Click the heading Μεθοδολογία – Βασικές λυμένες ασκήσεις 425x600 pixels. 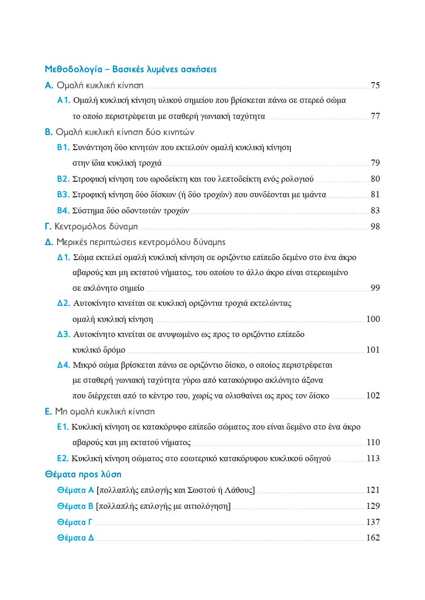click(130, 69)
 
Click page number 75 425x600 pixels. click(375, 85)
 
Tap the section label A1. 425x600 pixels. click(64, 101)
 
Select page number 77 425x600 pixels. click(375, 117)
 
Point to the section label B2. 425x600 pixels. click(63, 179)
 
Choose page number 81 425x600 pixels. click(375, 194)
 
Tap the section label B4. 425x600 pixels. click(63, 211)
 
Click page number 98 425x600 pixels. click(375, 227)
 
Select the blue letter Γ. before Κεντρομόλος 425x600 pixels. click(48, 227)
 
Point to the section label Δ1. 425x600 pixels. click(64, 258)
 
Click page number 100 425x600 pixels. click(373, 319)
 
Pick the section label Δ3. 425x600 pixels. click(64, 335)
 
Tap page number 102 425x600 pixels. click(373, 396)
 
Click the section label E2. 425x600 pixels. click(63, 458)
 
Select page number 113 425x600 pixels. click(373, 458)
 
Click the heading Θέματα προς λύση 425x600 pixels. click(83, 474)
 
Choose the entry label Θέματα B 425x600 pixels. click(75, 506)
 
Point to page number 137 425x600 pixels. click(373, 522)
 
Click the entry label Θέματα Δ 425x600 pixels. click(76, 538)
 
